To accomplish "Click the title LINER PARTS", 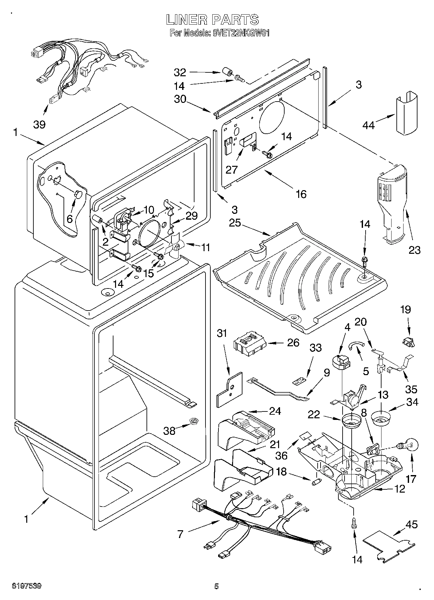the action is click(213, 20).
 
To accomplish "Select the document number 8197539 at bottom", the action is click(27, 586).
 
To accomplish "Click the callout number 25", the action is click(235, 223).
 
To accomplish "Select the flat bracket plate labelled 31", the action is click(229, 389).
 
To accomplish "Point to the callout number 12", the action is click(400, 489).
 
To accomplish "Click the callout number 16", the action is click(301, 194).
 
